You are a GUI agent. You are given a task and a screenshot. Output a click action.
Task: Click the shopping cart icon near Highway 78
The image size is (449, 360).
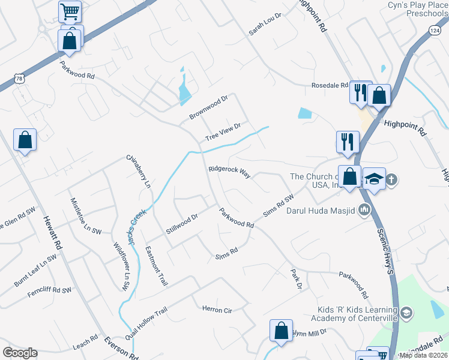(70, 11)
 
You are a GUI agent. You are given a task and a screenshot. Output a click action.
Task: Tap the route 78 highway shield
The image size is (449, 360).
(20, 79)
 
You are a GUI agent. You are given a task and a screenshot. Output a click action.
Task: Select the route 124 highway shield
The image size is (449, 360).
(436, 30)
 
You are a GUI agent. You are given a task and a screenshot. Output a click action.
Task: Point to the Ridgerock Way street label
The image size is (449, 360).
(229, 172)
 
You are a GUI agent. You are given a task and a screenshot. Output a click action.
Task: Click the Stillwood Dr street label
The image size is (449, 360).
(182, 224)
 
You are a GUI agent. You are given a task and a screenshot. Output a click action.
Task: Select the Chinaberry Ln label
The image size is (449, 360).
(138, 172)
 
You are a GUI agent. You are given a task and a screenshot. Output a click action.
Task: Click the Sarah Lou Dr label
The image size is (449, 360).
(265, 25)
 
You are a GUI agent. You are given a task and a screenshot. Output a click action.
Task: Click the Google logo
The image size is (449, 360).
(20, 353)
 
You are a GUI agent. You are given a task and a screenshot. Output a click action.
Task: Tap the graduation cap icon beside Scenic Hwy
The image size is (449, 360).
(374, 178)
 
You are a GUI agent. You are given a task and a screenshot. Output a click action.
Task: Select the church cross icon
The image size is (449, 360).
(391, 179)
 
